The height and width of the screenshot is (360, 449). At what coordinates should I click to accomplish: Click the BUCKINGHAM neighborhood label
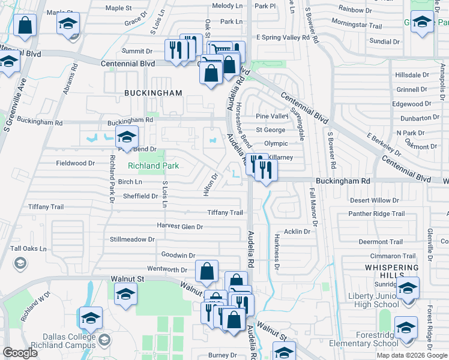click(x=153, y=93)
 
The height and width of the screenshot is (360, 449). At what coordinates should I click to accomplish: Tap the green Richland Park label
click(x=153, y=166)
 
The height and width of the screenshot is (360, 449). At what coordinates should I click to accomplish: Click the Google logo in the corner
click(x=20, y=353)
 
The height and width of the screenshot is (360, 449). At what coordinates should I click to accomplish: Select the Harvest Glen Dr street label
click(x=179, y=227)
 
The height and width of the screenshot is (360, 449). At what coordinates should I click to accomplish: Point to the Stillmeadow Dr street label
click(x=132, y=239)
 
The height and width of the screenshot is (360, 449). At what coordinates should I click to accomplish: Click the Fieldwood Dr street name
click(x=75, y=163)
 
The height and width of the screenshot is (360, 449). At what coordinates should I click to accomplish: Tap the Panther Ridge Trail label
click(x=377, y=214)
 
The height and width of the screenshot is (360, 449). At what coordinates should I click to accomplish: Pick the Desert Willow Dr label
click(x=374, y=200)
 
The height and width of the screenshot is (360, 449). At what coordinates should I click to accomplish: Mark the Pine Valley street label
click(x=272, y=116)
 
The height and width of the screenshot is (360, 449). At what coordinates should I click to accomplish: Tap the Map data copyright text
click(x=411, y=355)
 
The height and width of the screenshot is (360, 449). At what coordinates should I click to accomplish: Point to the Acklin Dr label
click(x=297, y=231)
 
